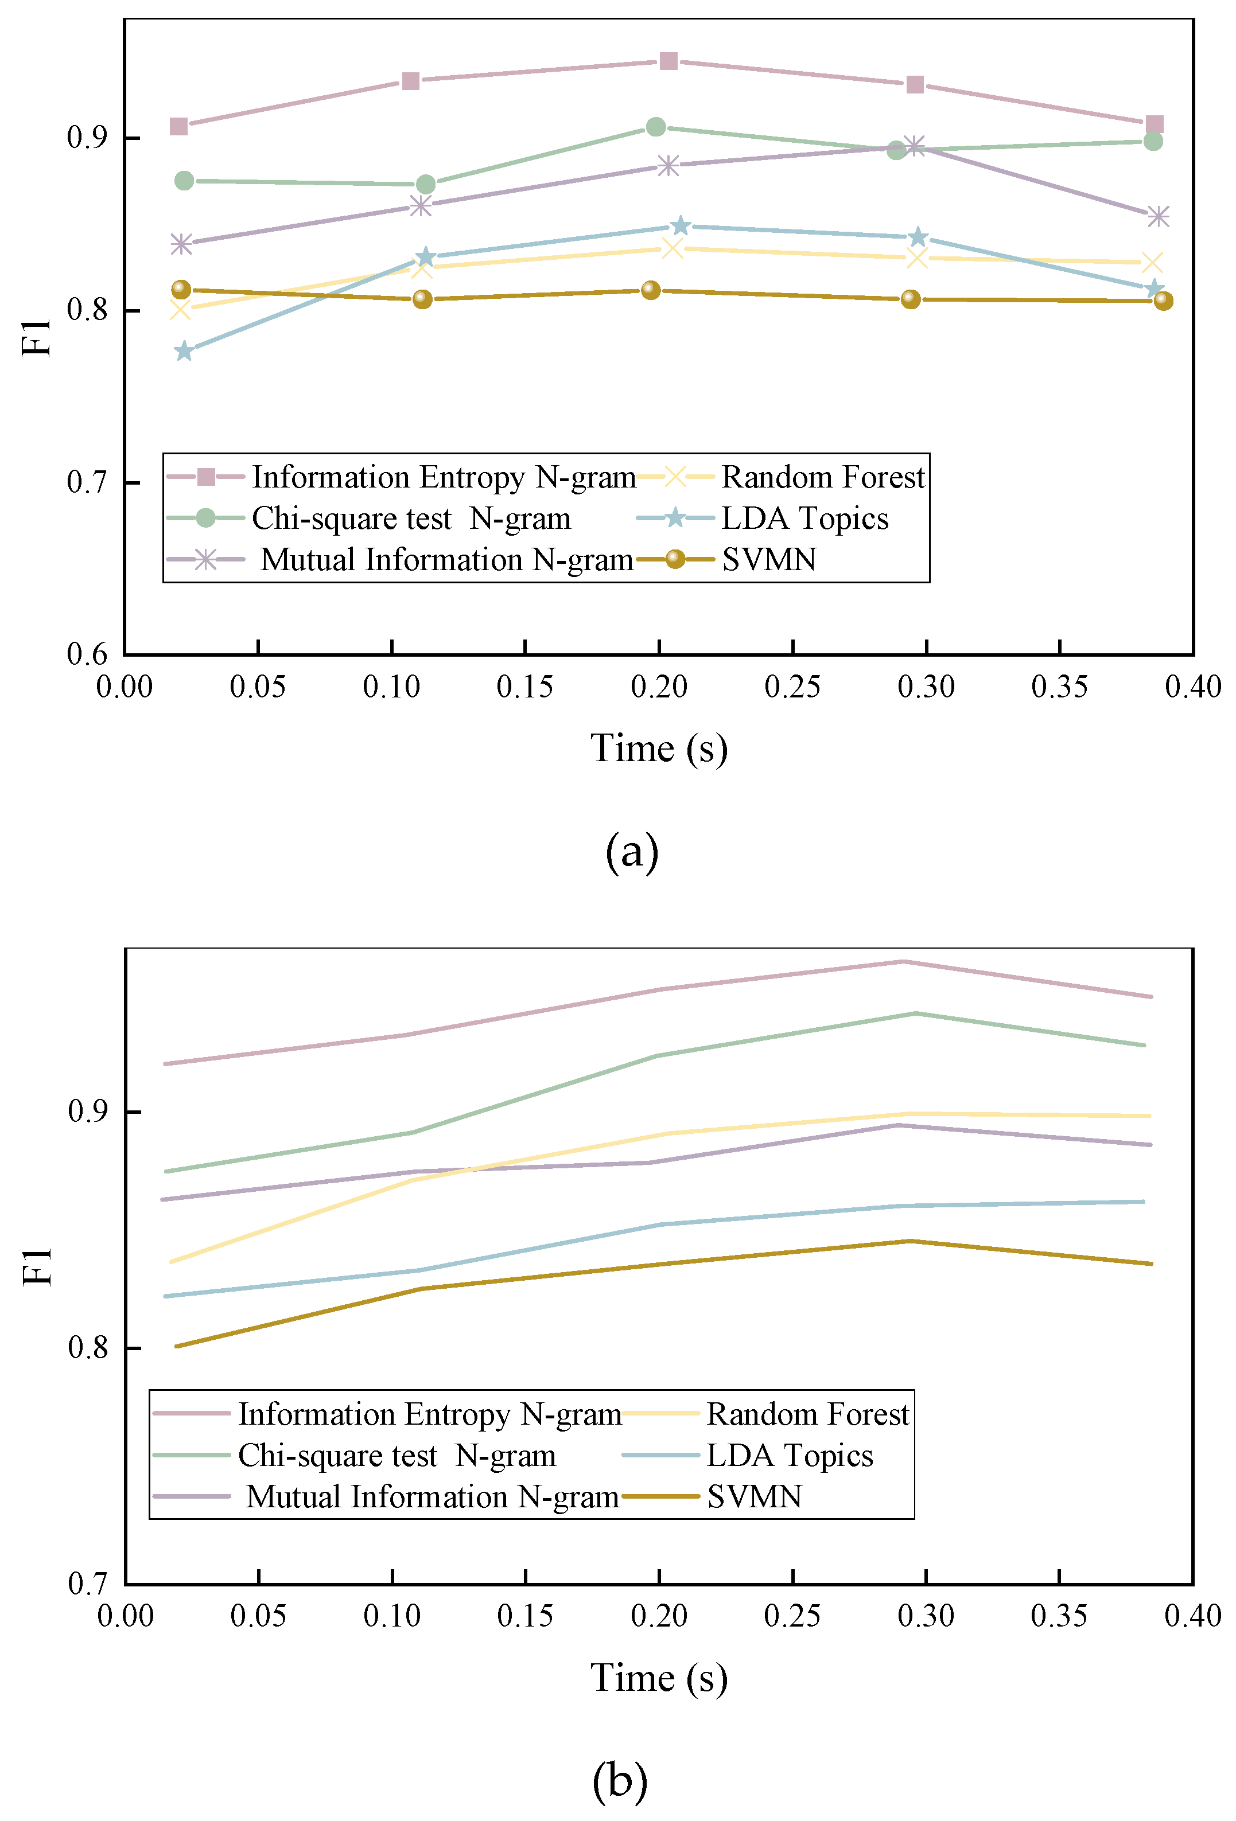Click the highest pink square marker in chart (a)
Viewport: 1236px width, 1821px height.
click(668, 61)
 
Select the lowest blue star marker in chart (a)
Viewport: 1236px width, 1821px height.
click(184, 351)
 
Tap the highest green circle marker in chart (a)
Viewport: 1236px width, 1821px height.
click(656, 127)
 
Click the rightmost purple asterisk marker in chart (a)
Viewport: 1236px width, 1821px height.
click(1157, 216)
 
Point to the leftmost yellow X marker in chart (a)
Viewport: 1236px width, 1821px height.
click(180, 310)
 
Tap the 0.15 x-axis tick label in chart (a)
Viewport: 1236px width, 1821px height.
click(524, 687)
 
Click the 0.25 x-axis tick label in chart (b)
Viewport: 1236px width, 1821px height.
click(792, 1616)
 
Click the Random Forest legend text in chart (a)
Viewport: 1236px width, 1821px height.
click(823, 477)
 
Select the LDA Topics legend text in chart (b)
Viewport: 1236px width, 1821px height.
click(790, 1455)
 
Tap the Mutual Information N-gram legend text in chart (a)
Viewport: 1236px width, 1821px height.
click(447, 559)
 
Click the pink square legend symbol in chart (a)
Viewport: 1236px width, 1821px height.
click(206, 477)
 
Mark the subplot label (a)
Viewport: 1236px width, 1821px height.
click(632, 852)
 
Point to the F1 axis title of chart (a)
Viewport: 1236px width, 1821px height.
click(37, 338)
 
